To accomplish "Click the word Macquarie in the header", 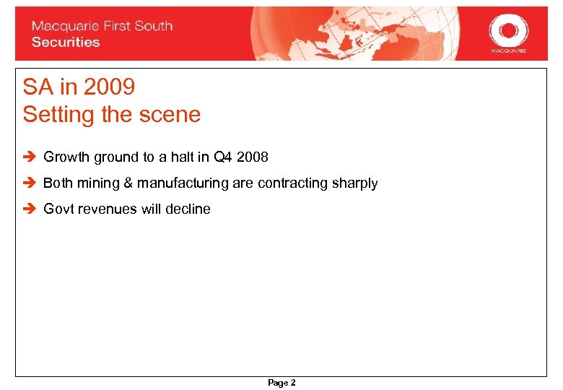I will click(62, 26).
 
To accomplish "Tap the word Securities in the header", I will click(66, 42).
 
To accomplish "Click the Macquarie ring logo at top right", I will click(508, 31).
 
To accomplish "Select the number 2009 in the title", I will click(109, 87).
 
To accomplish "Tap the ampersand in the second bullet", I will click(129, 183).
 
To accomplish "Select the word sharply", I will click(356, 183).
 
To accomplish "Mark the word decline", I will click(189, 209).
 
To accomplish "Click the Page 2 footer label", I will click(281, 383).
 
